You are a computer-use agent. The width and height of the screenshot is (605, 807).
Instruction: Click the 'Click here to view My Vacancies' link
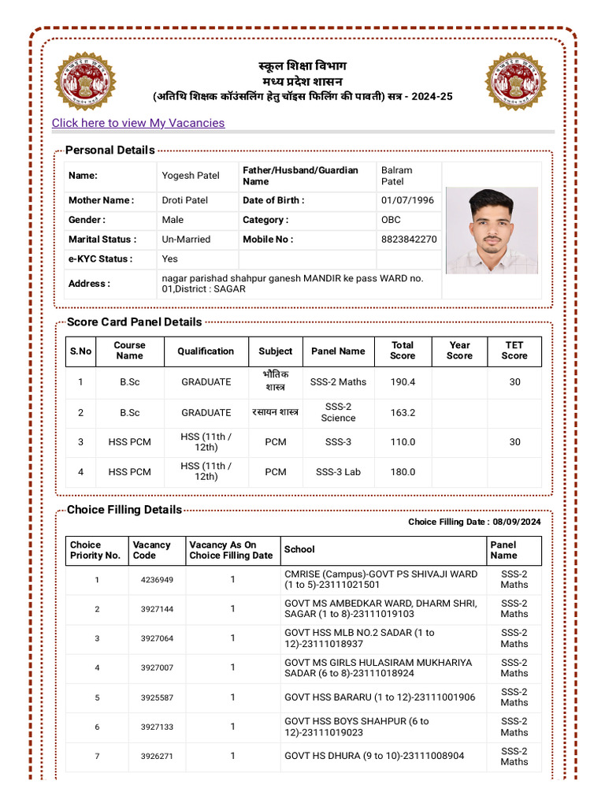tap(138, 123)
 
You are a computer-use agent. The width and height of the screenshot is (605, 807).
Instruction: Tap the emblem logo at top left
tap(85, 81)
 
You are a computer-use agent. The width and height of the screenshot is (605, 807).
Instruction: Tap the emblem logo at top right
tap(515, 81)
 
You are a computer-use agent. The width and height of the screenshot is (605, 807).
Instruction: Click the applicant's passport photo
tap(492, 230)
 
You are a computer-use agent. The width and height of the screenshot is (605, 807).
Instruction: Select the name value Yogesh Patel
tap(191, 176)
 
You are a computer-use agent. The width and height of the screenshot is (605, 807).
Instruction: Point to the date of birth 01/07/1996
tap(407, 200)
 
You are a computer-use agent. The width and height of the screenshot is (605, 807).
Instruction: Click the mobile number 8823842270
tap(409, 239)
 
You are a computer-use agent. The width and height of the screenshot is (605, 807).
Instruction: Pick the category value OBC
tap(391, 220)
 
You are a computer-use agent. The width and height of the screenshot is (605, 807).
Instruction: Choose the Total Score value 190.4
tap(403, 381)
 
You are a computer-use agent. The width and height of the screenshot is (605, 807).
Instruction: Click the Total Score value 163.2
tap(403, 412)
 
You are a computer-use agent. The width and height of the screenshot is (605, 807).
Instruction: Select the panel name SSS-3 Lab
tap(338, 472)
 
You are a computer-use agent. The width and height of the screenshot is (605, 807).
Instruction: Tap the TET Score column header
tap(514, 351)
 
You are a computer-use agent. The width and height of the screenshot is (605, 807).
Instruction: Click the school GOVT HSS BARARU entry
tap(380, 697)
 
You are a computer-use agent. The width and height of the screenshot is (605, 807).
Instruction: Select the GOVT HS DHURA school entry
tap(374, 756)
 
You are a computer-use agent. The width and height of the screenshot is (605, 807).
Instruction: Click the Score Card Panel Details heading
tap(134, 322)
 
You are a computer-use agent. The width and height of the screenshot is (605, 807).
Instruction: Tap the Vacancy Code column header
tap(151, 550)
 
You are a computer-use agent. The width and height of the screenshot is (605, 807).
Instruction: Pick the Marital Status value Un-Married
tap(186, 239)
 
